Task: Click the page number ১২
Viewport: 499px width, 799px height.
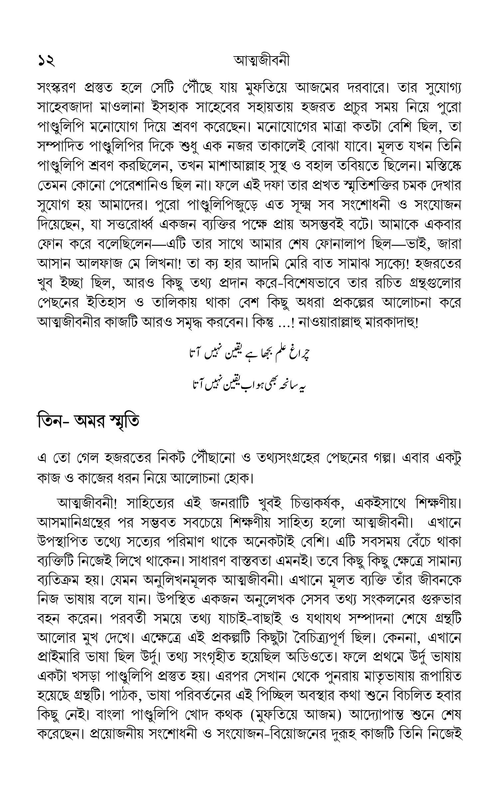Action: (46, 61)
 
